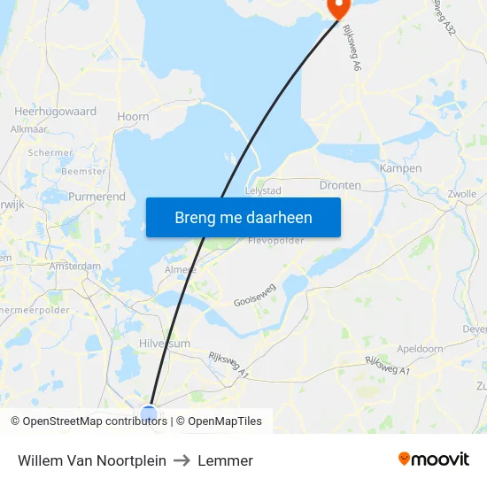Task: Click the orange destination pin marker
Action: coord(337,7)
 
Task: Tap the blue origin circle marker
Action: coord(149,414)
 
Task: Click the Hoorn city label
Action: coord(133,116)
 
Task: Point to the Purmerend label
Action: coord(97,197)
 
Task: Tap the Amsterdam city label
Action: coord(75,266)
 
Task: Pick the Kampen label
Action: coord(400,168)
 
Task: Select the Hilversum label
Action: coord(164,344)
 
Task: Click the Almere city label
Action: coord(182,269)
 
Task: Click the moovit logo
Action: coord(433,460)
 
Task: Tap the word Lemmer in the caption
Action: coord(226,460)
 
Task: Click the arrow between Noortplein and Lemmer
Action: coord(182,460)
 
